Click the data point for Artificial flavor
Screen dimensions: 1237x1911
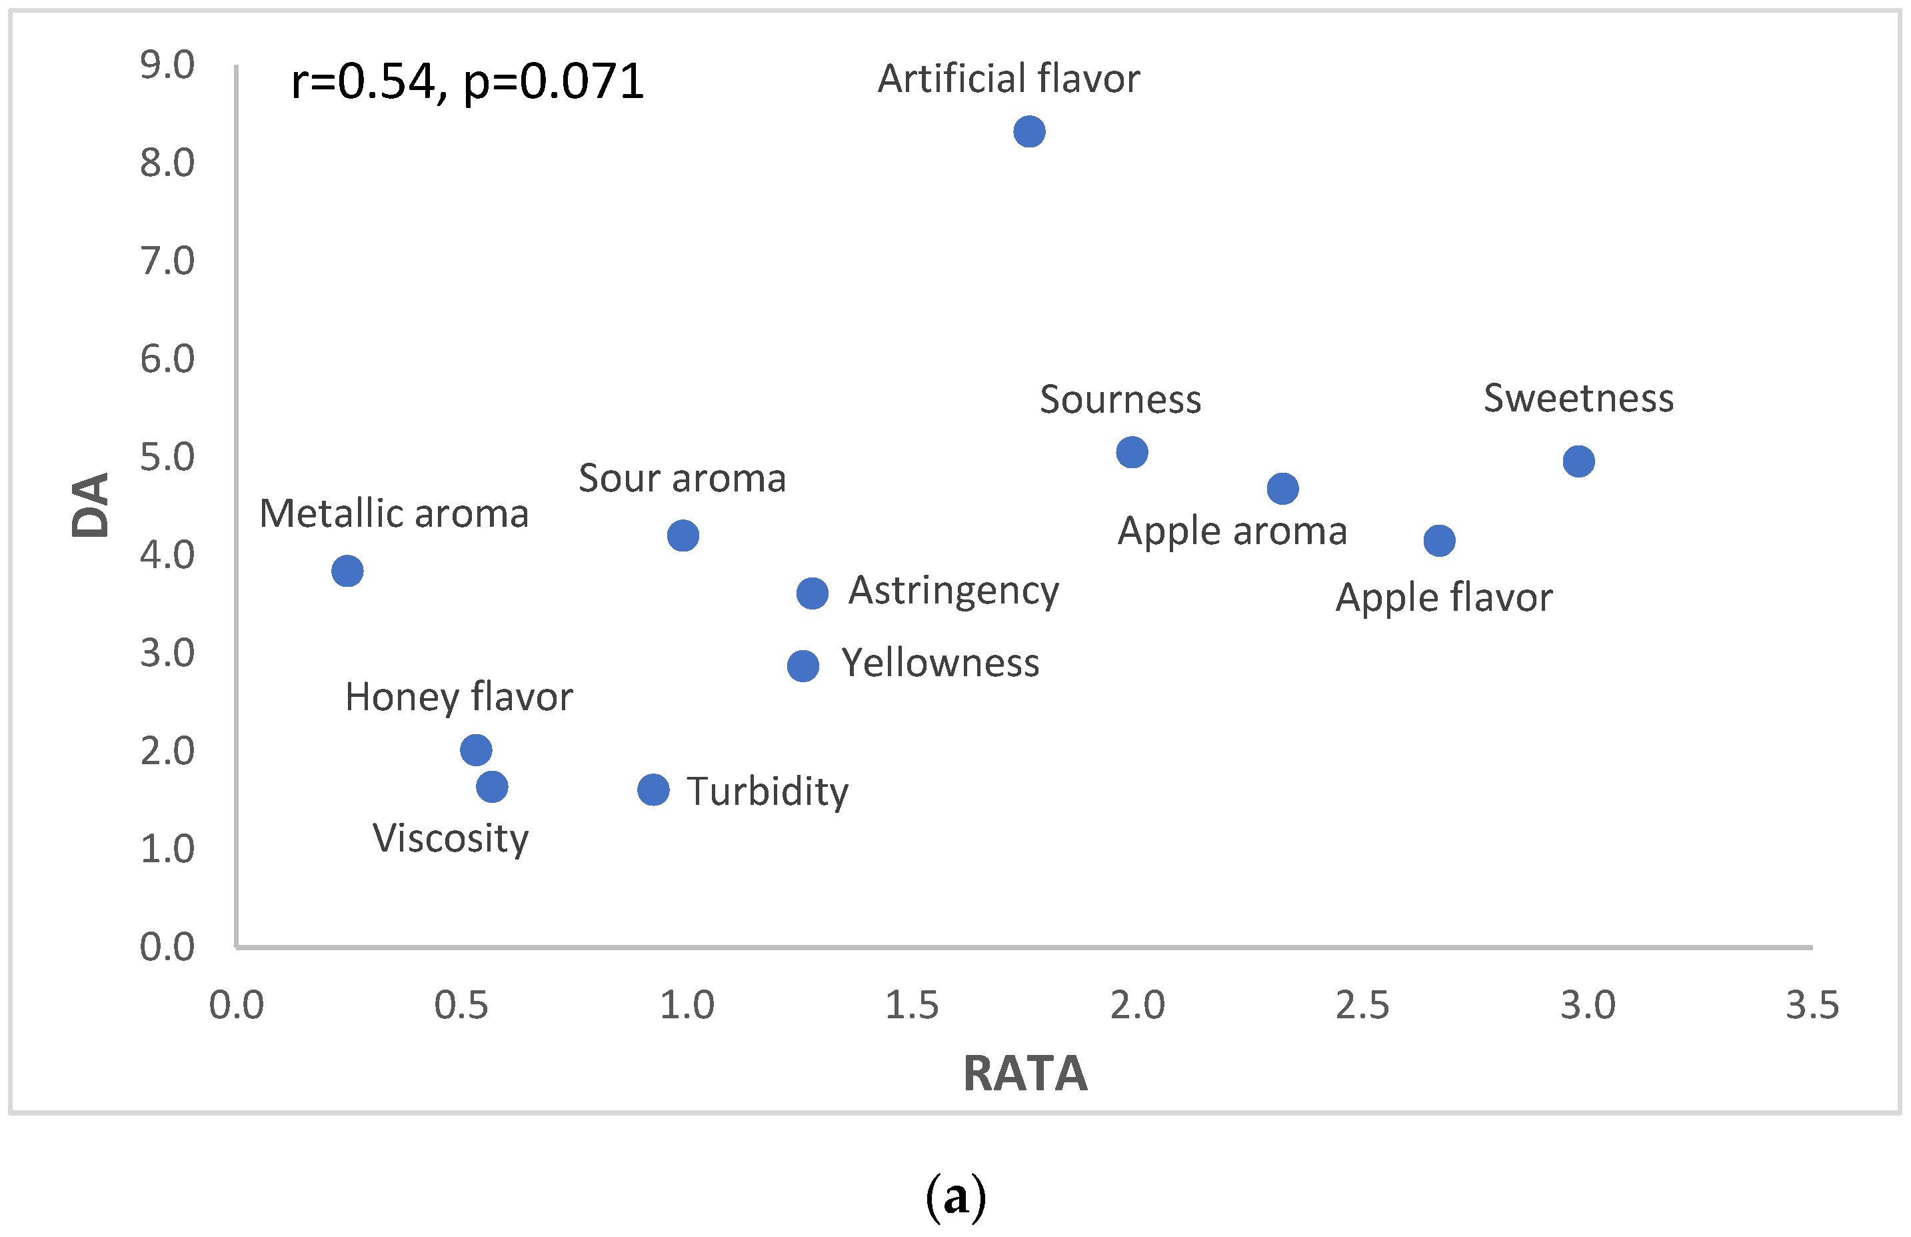coord(1029,132)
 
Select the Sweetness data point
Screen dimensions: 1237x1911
coord(1578,462)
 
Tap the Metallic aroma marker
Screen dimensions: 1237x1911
coord(347,571)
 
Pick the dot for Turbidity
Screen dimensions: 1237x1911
coord(654,790)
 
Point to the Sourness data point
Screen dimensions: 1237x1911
coord(1132,453)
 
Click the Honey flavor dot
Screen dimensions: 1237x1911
coord(476,750)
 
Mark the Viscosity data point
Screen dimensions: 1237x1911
coord(492,787)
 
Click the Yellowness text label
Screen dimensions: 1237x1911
coord(941,664)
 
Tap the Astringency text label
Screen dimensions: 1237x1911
coord(954,591)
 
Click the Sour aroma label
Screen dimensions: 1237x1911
coord(682,479)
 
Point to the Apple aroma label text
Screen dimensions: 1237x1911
coord(1232,531)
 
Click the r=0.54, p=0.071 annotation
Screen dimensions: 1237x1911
coord(467,82)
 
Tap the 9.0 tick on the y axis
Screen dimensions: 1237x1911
coord(167,65)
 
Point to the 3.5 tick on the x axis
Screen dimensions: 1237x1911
coord(1812,1006)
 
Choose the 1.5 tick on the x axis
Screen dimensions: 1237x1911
coord(911,1006)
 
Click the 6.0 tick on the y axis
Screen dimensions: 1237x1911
coord(167,359)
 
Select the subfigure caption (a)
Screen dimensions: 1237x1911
coord(956,1196)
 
